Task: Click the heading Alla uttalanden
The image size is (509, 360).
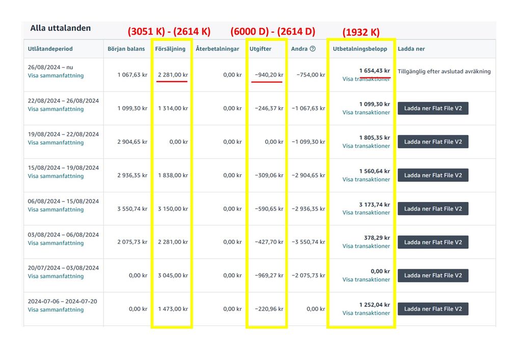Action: click(60, 28)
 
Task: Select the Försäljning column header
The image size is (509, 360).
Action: click(170, 49)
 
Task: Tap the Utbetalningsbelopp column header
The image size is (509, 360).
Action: click(360, 49)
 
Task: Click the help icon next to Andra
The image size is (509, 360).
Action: click(312, 49)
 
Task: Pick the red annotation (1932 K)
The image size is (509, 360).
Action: click(361, 32)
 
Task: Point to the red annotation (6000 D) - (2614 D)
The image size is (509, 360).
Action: click(273, 32)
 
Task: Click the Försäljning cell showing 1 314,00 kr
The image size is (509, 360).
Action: click(172, 109)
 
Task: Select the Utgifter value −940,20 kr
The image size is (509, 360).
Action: click(269, 75)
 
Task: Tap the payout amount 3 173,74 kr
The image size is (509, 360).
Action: click(374, 204)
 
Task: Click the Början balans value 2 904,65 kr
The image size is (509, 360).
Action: click(132, 142)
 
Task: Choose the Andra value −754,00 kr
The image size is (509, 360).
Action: click(311, 75)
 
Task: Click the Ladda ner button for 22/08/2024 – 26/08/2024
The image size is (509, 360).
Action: click(433, 109)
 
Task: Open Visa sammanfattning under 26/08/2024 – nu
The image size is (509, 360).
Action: click(56, 75)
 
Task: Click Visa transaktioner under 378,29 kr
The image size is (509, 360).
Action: click(366, 246)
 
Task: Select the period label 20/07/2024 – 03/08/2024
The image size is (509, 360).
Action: click(63, 268)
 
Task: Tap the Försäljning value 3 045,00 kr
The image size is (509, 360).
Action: click(172, 275)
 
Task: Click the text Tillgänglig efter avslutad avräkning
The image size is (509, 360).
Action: click(444, 71)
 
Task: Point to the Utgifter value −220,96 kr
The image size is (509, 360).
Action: click(269, 309)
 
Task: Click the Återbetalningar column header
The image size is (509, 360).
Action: click(218, 49)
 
